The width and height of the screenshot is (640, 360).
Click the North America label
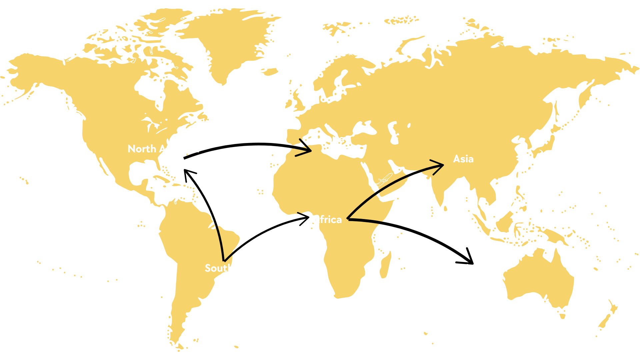[x=163, y=149]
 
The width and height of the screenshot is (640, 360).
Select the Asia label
[x=463, y=159]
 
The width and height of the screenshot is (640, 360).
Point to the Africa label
[x=327, y=219]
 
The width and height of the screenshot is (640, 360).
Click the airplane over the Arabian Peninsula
[x=382, y=180]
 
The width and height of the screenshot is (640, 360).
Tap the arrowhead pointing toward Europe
[x=305, y=150]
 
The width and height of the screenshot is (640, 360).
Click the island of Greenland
[x=230, y=40]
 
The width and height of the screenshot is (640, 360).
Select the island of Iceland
[x=269, y=71]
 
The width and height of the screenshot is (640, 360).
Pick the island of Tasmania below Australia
[x=562, y=315]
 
